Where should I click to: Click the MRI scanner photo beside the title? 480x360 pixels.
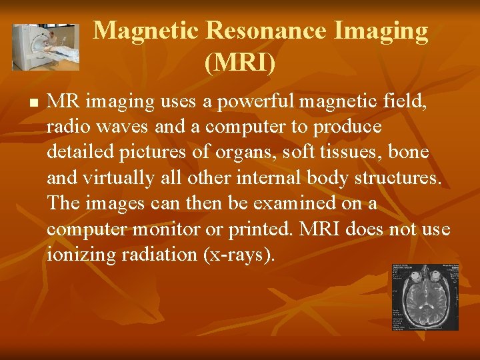(x=45, y=47)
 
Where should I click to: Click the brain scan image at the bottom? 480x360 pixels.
(x=425, y=297)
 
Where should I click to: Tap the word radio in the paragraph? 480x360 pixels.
(x=68, y=127)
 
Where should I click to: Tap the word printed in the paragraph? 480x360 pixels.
(x=260, y=229)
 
